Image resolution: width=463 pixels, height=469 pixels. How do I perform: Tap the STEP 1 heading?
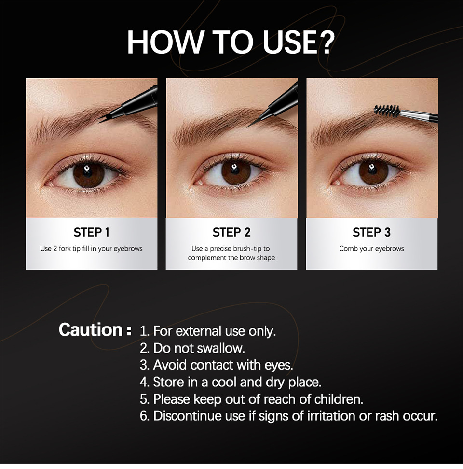click(92, 232)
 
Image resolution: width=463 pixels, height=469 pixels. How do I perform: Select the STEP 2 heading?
click(231, 232)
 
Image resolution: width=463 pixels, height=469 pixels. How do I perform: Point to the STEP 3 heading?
click(371, 232)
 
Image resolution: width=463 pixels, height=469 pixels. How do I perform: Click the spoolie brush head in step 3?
click(387, 111)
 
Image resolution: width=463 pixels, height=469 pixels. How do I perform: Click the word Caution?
click(91, 329)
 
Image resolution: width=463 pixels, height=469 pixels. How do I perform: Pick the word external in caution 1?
click(199, 331)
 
